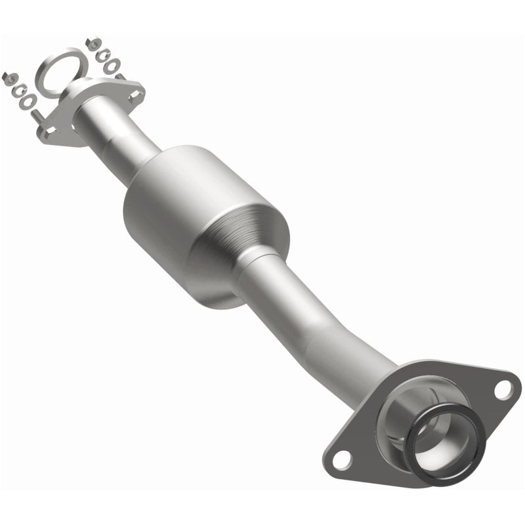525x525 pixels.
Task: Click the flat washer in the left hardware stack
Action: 29,102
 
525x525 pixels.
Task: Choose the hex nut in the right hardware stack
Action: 93,44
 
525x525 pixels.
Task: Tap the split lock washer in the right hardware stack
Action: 103,55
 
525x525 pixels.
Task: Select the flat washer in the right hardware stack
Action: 114,66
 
